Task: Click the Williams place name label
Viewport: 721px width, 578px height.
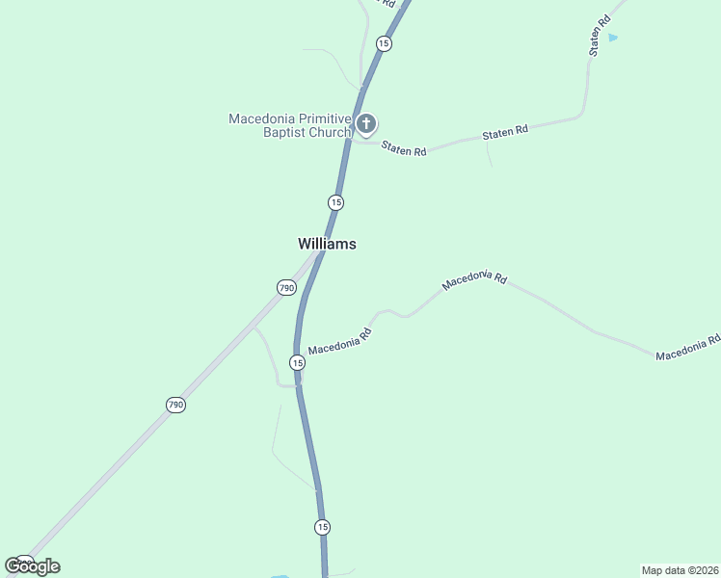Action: [327, 245]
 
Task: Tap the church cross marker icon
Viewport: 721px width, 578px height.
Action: [365, 123]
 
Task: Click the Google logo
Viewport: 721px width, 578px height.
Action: [32, 566]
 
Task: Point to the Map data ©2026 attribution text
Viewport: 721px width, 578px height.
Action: [680, 569]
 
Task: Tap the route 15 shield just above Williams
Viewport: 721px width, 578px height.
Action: [335, 202]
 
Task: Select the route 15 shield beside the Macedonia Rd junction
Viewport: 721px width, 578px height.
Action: [297, 362]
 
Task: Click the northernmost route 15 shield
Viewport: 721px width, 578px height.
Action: [384, 43]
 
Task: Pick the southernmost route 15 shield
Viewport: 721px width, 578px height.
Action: [322, 527]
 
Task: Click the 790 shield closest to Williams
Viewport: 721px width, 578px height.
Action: [286, 288]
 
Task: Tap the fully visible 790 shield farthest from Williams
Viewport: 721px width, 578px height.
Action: [174, 406]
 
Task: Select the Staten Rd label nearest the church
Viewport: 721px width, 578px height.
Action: [404, 149]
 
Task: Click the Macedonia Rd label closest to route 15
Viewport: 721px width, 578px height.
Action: [339, 342]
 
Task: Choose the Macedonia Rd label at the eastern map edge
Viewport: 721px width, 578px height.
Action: [687, 349]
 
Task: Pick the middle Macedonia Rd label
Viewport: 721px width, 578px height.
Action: [473, 280]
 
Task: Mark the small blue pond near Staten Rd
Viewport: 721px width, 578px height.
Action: [613, 38]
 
